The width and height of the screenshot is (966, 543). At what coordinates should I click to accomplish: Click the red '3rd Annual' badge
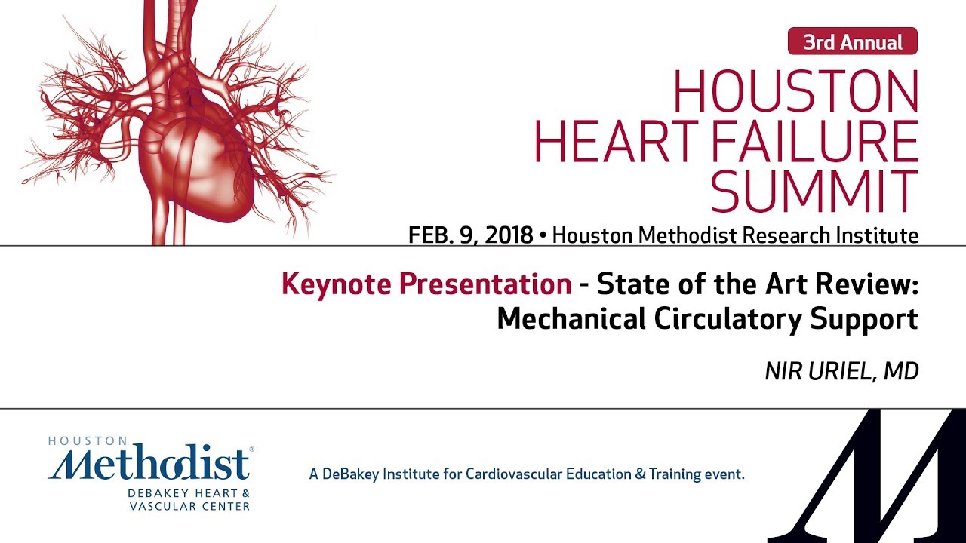pos(852,41)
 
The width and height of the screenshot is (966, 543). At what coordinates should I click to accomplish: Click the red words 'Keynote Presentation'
pos(426,284)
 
